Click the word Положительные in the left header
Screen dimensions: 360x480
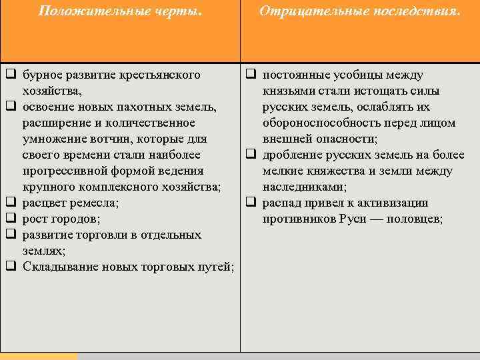79,11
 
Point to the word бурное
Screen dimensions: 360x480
41,75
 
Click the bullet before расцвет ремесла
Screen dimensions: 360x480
11,203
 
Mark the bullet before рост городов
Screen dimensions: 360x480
11,219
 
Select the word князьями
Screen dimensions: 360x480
286,91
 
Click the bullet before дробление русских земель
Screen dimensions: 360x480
251,155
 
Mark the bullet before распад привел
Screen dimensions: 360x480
251,203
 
